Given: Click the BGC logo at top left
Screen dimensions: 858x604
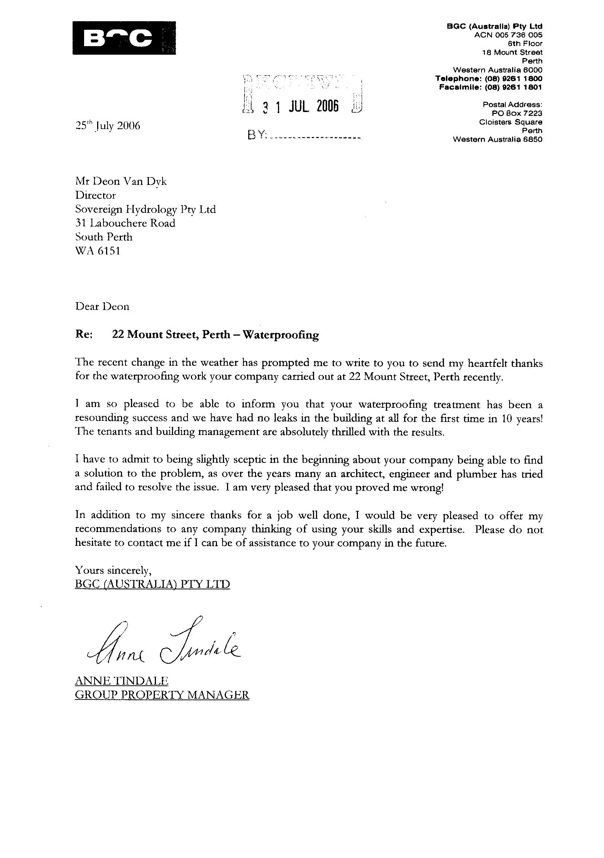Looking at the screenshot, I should pos(124,38).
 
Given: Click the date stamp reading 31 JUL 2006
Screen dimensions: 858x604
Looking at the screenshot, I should pos(301,107).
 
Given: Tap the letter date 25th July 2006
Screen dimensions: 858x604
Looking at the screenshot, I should pos(108,126).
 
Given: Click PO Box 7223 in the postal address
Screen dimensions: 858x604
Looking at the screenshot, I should pos(517,113).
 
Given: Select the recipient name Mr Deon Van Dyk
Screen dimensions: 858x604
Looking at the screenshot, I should pos(121,182).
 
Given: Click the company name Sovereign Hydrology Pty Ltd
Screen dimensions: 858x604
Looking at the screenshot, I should pos(146,209).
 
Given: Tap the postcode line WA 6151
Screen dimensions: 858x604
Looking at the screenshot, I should pos(98,251).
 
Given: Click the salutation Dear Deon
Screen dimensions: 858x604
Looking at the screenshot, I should pos(102,307).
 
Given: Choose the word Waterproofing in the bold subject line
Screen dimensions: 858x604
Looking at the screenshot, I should pos(281,334).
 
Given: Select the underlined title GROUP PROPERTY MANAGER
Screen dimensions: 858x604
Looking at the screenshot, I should pos(162,695).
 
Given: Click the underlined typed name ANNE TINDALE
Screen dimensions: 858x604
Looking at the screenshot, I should pos(121,681).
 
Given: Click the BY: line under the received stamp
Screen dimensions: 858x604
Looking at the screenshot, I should pos(304,135).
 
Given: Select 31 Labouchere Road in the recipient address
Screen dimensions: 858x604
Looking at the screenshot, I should pos(125,223).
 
